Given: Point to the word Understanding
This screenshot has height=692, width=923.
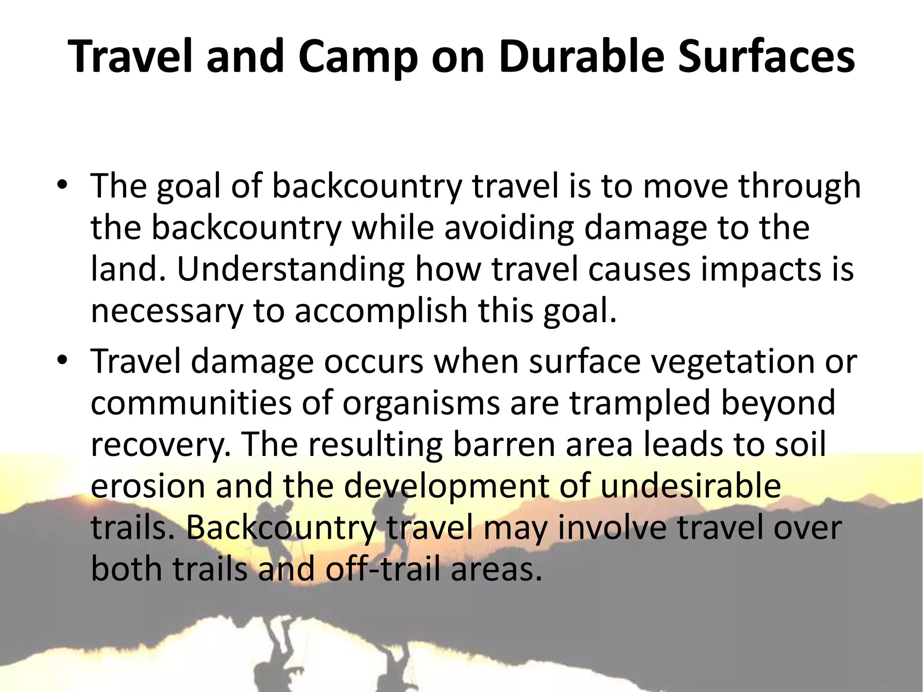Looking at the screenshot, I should tap(290, 269).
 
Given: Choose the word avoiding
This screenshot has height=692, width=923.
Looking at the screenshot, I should tap(509, 228).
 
